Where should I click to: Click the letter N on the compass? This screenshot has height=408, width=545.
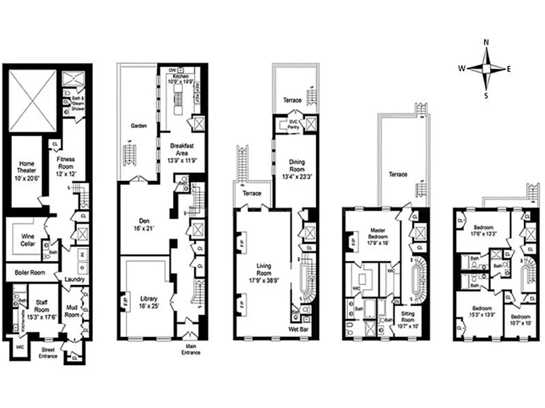486,43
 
